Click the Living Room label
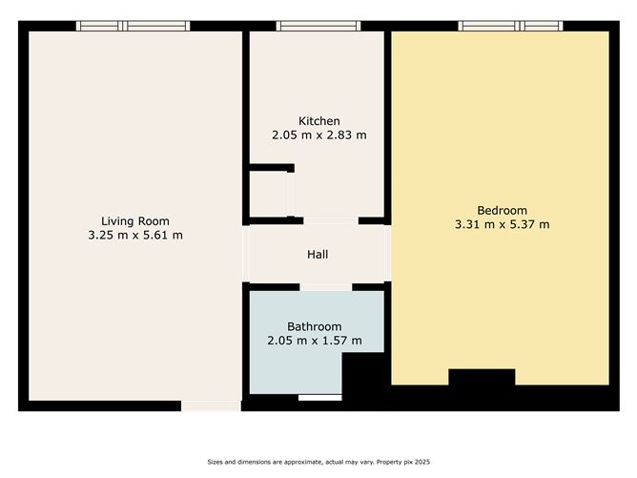(x=135, y=221)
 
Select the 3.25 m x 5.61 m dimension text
(x=135, y=235)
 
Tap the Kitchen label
(x=318, y=121)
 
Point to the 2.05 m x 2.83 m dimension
(x=318, y=135)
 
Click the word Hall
(x=318, y=255)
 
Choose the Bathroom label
(x=314, y=326)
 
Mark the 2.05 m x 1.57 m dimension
(x=314, y=341)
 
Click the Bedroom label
(x=502, y=211)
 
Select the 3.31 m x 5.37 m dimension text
(x=502, y=224)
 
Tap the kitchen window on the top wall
(x=318, y=26)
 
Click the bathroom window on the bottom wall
(x=320, y=398)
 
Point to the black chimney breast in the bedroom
(x=482, y=377)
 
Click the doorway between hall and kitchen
(x=331, y=221)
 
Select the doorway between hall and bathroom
(x=326, y=287)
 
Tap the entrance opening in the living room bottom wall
(x=212, y=405)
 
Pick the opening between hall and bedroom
(x=387, y=253)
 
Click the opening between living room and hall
(x=246, y=254)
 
